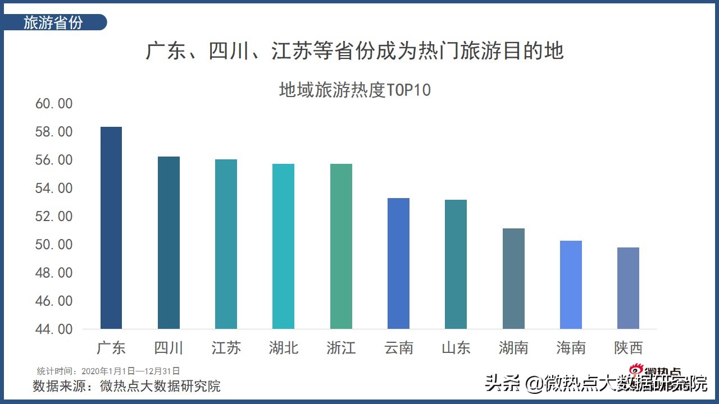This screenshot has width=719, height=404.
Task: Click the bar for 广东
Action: point(111,228)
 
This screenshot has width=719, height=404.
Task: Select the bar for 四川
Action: point(169,242)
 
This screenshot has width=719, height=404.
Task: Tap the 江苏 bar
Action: point(226,244)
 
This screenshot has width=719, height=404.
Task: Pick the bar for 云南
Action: point(398,263)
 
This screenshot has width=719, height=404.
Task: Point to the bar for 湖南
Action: point(513,278)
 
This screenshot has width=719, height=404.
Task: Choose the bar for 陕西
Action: point(628,288)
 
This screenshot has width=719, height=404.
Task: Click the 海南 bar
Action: point(571,284)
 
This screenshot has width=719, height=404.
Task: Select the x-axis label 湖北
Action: point(283,348)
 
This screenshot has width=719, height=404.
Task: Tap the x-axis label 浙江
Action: point(341,348)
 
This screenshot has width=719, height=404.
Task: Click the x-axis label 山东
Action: point(456,348)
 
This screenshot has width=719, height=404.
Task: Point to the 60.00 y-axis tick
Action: point(54,104)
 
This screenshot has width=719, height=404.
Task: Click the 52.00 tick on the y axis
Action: point(54,217)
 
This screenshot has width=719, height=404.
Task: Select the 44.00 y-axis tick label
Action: point(54,329)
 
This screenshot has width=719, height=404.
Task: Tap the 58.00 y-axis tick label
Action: point(54,132)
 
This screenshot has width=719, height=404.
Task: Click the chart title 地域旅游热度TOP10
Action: point(355,90)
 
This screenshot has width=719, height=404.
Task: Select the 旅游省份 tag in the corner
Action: point(54,22)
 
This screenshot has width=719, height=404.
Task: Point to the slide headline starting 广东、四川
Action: point(355,51)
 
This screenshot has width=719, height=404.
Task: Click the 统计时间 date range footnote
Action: point(108,371)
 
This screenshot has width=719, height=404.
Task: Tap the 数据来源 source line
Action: point(127,386)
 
